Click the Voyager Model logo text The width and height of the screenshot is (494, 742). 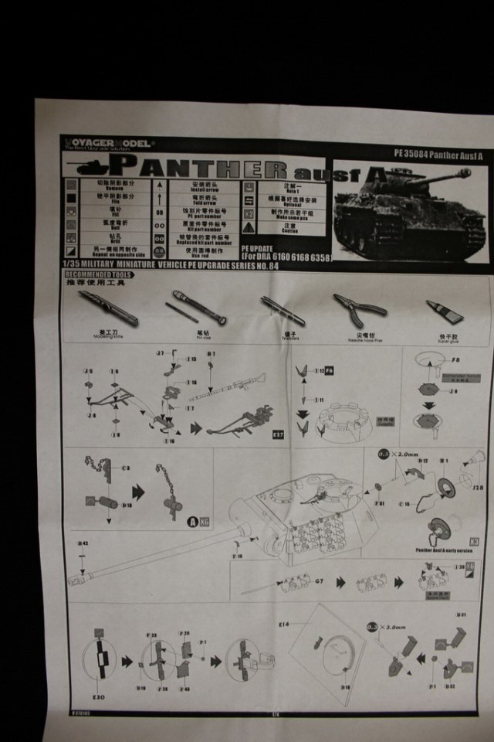click(109, 142)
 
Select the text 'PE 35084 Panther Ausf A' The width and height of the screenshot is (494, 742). click(435, 153)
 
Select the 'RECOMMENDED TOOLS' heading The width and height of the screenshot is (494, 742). click(98, 274)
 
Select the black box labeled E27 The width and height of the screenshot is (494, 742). click(279, 434)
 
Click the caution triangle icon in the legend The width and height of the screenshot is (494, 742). click(249, 228)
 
